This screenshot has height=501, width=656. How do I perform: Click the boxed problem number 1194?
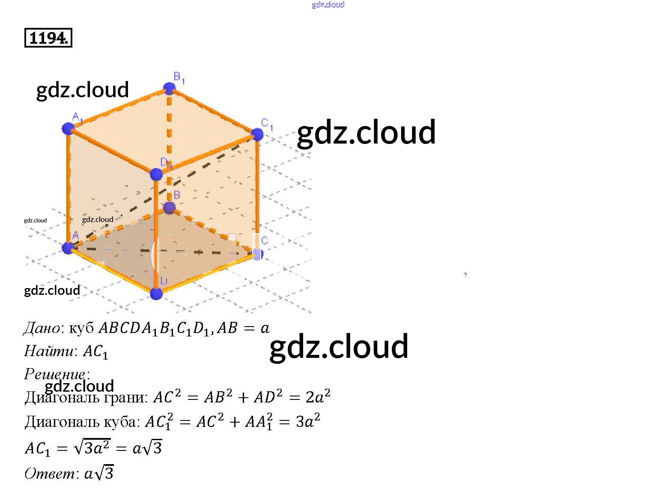point(48,38)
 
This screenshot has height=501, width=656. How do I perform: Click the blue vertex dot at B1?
point(170,89)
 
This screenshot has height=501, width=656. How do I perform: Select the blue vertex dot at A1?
point(68,128)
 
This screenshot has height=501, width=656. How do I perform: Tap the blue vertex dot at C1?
point(257,134)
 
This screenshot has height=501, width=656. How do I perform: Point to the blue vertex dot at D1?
point(156,174)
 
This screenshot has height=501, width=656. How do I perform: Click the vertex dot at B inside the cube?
point(170,208)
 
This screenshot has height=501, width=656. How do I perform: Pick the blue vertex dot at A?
point(68,248)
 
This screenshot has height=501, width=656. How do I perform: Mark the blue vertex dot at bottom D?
point(156,294)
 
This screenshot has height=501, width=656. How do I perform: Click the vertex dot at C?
point(258,254)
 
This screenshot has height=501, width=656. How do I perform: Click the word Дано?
point(42,328)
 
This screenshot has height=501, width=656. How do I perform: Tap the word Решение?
point(55,374)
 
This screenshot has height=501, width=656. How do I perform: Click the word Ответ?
point(50,474)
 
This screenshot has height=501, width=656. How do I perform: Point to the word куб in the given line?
point(81,328)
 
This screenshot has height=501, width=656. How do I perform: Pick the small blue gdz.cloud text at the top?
point(328,5)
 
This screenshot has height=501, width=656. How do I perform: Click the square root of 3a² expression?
point(92,447)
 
